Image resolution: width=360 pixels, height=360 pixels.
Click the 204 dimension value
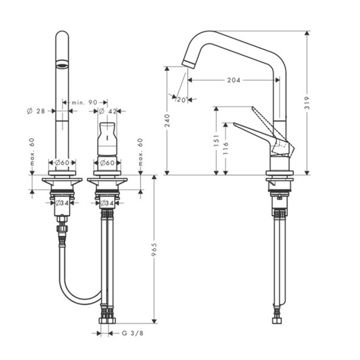[234, 80]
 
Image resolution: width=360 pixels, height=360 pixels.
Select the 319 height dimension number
[307, 103]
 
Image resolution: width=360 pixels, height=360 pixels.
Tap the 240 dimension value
[167, 121]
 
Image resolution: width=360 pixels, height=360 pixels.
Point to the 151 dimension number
[216, 141]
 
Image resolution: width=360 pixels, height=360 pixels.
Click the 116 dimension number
[226, 148]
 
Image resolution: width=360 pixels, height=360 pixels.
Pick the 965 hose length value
[154, 249]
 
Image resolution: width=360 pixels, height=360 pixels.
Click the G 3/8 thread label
[132, 333]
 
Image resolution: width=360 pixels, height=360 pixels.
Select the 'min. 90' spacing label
[85, 103]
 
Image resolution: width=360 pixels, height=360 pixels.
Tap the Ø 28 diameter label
[36, 111]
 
